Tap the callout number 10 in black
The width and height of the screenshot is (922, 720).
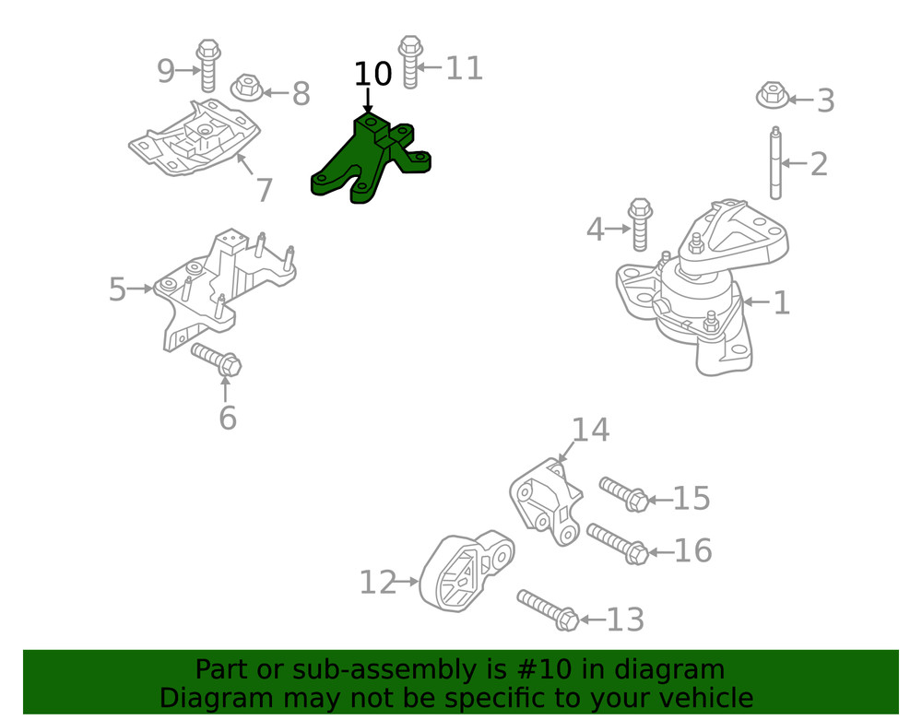click(x=372, y=74)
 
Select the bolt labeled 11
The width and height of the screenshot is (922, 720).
click(x=410, y=63)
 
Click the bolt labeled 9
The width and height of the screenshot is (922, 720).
click(x=208, y=65)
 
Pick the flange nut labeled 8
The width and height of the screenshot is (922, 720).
click(x=247, y=89)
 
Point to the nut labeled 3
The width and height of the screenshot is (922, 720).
click(x=773, y=95)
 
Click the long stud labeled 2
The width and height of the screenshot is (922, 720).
click(x=776, y=163)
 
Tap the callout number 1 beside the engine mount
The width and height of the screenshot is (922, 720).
click(x=782, y=302)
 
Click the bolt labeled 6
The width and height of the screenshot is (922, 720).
click(x=217, y=360)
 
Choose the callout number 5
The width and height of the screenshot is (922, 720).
click(x=118, y=289)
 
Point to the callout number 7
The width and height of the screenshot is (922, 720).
click(x=265, y=190)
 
